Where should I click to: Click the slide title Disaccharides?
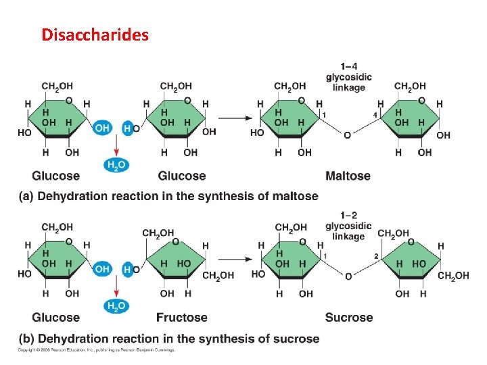[x=95, y=34]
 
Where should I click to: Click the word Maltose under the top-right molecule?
[x=348, y=176]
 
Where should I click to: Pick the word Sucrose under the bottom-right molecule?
[x=348, y=318]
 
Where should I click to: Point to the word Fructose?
[x=182, y=318]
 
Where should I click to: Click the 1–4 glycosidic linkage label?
[x=348, y=77]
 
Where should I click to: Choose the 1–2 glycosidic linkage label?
[x=348, y=226]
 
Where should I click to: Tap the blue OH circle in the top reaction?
[x=101, y=128]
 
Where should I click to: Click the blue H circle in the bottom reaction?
[x=126, y=269]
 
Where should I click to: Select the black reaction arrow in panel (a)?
[x=235, y=118]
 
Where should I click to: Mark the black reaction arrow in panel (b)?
[x=235, y=259]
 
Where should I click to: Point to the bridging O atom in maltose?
[x=347, y=135]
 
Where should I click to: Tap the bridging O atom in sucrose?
[x=348, y=276]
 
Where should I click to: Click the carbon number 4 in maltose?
[x=374, y=115]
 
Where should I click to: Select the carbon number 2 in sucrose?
[x=375, y=256]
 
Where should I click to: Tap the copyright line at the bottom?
[x=96, y=350]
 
